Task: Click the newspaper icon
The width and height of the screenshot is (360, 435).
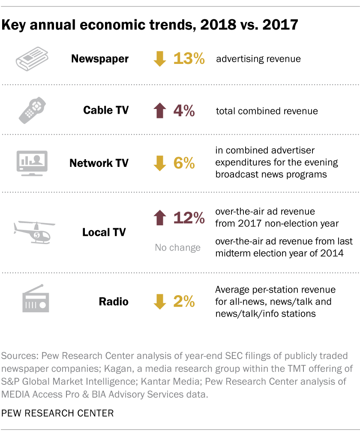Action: (32, 59)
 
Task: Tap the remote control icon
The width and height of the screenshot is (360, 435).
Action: (32, 111)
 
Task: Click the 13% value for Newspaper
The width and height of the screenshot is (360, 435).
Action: (189, 59)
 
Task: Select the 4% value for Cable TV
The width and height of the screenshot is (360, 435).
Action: (184, 111)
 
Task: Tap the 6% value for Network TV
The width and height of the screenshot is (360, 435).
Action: (184, 163)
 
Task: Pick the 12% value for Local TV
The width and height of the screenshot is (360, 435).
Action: (189, 218)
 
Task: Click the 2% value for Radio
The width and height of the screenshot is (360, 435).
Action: (184, 302)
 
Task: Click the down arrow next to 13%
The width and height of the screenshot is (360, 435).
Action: (159, 59)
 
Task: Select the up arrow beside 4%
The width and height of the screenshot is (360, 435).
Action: (159, 111)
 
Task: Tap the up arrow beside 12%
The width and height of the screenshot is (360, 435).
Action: (159, 218)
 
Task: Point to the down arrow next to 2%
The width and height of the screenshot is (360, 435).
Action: (159, 302)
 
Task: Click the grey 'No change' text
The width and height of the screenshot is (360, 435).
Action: (177, 248)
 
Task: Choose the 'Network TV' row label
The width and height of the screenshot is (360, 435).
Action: (99, 163)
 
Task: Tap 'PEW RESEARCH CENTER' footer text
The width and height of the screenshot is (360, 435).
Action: (58, 413)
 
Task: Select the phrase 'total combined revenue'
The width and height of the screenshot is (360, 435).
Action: (267, 111)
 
